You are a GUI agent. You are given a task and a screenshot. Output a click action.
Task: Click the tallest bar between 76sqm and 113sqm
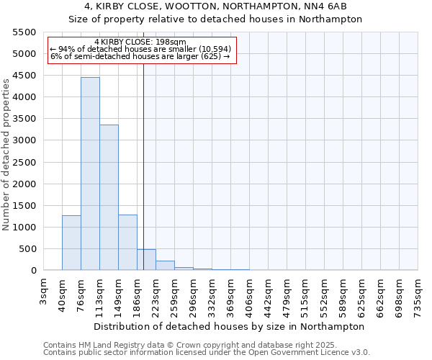coord(90,174)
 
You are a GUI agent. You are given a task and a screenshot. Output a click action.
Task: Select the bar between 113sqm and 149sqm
coord(109,197)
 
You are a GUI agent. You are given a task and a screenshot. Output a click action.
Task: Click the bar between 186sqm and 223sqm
coord(146,260)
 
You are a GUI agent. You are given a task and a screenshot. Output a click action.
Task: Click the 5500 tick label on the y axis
coord(24,32)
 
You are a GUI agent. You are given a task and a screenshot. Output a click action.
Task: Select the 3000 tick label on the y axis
coord(24,140)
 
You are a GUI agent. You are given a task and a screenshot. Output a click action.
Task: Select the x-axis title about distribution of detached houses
coord(230,326)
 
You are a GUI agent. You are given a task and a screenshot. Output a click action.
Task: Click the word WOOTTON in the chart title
coord(177,6)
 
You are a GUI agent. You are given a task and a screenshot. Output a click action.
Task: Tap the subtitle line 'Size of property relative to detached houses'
coord(215,19)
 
